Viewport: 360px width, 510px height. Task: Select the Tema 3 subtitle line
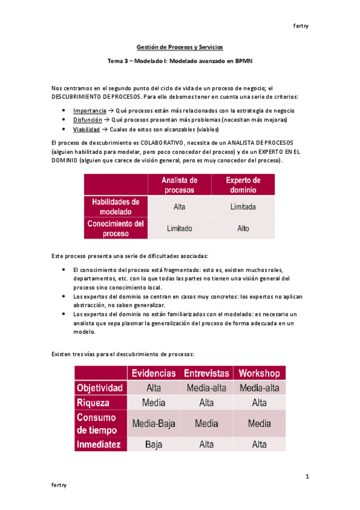[x=179, y=61]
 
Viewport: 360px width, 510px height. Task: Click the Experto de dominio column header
[x=243, y=185]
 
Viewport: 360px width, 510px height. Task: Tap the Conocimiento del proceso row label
[x=114, y=229]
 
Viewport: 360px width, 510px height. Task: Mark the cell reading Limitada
[x=243, y=207]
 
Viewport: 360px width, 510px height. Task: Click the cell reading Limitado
[x=179, y=229]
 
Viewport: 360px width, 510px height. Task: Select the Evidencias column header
[x=154, y=373]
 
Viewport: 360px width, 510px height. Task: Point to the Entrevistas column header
[x=206, y=373]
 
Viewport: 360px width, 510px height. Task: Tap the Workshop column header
[x=259, y=373]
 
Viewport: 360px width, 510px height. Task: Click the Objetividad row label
[x=100, y=388]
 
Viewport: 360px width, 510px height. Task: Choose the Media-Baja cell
[x=154, y=424]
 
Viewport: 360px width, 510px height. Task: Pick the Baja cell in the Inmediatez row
[x=154, y=445]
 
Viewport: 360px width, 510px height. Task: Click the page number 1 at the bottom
[x=307, y=477]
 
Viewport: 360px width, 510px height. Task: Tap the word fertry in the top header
[x=300, y=26]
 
